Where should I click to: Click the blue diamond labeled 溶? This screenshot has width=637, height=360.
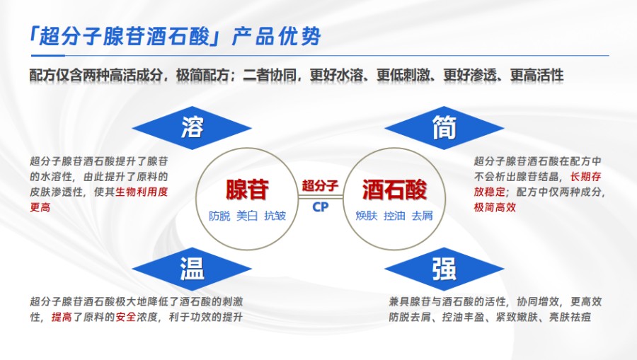pyautogui.click(x=192, y=127)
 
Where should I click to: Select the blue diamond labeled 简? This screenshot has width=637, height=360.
pyautogui.click(x=444, y=127)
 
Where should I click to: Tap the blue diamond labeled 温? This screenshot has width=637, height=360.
pyautogui.click(x=192, y=268)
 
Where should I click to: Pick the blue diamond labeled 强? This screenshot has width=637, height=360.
pyautogui.click(x=444, y=269)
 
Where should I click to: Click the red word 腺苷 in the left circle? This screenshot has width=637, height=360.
pyautogui.click(x=247, y=189)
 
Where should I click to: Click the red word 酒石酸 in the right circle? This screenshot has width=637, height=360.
pyautogui.click(x=395, y=189)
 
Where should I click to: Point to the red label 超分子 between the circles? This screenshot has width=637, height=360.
pyautogui.click(x=320, y=186)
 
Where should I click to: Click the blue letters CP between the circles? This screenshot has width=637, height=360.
pyautogui.click(x=320, y=207)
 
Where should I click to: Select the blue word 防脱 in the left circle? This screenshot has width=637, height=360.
pyautogui.click(x=219, y=216)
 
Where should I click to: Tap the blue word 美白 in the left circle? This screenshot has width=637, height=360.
pyautogui.click(x=247, y=216)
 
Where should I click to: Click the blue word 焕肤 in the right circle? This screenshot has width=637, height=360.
pyautogui.click(x=366, y=216)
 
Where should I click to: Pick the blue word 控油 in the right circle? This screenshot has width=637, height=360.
pyautogui.click(x=394, y=216)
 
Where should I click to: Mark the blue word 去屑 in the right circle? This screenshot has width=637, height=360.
pyautogui.click(x=422, y=216)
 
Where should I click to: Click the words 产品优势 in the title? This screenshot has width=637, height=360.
pyautogui.click(x=277, y=36)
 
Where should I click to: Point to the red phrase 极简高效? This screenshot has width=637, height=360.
pyautogui.click(x=495, y=208)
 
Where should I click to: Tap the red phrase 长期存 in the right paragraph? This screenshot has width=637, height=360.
pyautogui.click(x=584, y=175)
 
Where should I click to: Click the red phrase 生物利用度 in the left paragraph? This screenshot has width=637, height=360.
pyautogui.click(x=146, y=192)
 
